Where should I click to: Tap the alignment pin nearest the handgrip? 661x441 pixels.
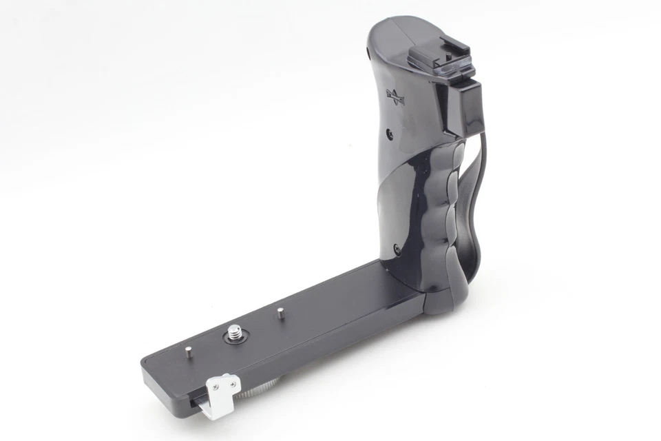(x=281, y=312)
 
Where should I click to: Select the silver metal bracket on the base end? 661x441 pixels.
(x=222, y=392)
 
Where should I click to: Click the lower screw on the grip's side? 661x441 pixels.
(x=397, y=247)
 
